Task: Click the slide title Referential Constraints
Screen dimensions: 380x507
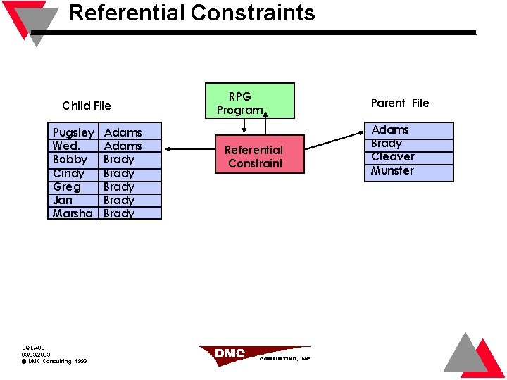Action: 192,13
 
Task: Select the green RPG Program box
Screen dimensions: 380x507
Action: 249,101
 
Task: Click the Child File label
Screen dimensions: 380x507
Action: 86,106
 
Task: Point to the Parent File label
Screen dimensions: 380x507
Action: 399,103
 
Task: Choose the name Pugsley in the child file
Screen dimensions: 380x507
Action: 73,132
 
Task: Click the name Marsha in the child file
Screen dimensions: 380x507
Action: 73,213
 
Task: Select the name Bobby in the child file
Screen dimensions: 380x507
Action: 70,160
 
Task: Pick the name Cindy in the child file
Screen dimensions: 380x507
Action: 68,173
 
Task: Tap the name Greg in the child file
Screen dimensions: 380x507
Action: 66,186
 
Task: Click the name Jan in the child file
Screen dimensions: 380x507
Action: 62,200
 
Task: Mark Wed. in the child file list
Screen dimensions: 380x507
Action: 66,146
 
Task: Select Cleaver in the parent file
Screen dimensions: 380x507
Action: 392,156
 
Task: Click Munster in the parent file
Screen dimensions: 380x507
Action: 392,170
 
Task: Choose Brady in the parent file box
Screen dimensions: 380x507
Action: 386,143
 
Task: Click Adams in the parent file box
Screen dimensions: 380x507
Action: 389,129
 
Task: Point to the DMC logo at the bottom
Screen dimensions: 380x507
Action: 254,353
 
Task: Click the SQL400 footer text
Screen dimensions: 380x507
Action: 33,348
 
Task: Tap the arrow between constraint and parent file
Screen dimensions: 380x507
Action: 334,140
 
